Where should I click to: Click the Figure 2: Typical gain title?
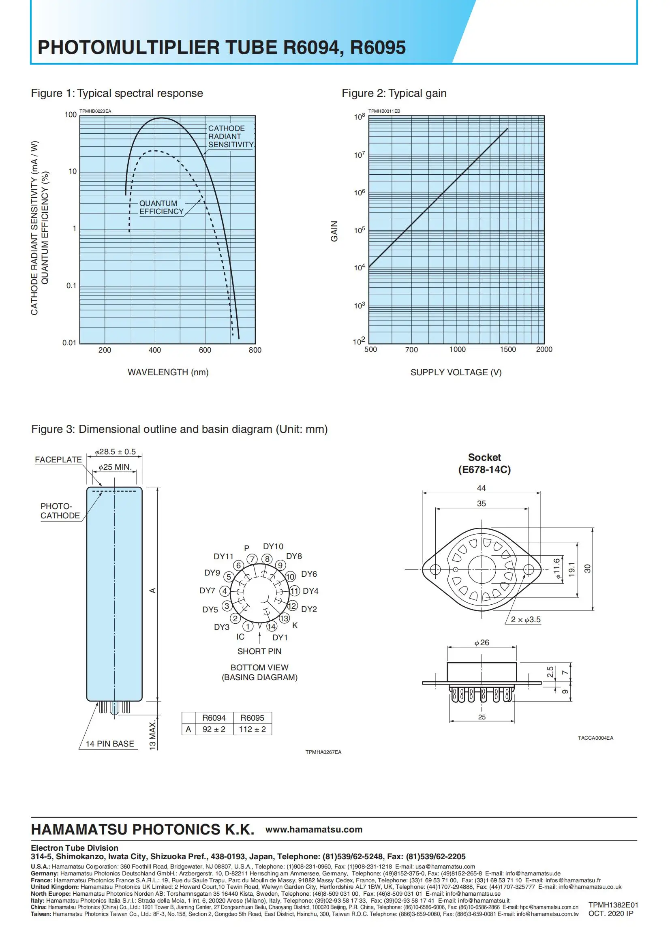coord(394,93)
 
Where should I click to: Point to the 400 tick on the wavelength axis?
coord(155,350)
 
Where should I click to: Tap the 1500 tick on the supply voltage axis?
coord(507,349)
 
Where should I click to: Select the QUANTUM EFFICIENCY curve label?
coord(161,207)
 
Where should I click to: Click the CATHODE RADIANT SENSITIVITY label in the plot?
coord(230,137)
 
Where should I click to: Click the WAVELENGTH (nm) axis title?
coord(168,372)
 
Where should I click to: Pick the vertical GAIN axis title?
coord(334,231)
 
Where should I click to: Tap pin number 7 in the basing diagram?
coord(252,559)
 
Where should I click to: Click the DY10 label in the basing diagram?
coord(273,546)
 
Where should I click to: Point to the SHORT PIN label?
coord(259,651)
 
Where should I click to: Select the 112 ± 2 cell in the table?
coord(252,729)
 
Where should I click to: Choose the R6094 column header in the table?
coord(214,718)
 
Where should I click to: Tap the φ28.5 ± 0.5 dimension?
coord(115,452)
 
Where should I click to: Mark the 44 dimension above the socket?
coord(482,488)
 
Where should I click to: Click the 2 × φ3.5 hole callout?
coord(525,619)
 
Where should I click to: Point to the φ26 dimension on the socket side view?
coord(482,642)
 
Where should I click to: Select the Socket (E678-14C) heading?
coord(484,463)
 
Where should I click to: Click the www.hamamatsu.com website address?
coord(314,830)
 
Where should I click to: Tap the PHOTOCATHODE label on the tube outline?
coord(60,511)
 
